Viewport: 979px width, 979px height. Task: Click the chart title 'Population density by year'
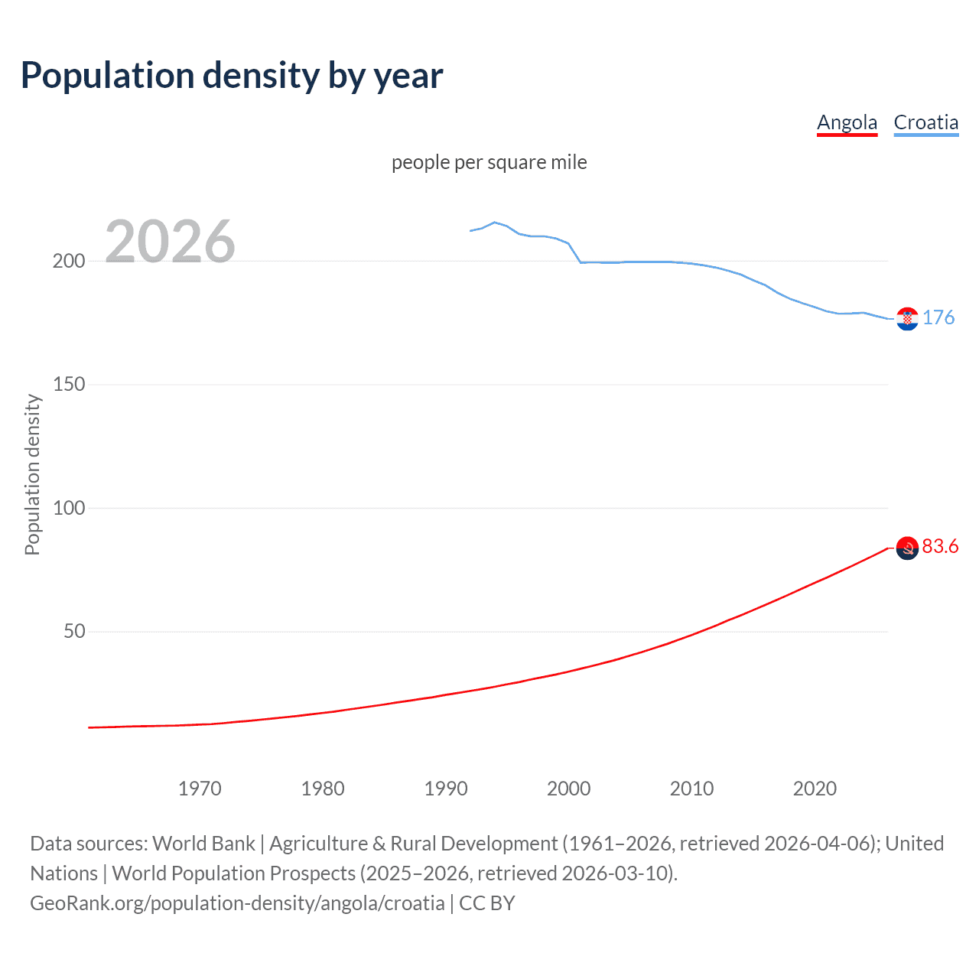point(232,76)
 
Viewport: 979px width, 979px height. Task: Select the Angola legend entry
point(847,122)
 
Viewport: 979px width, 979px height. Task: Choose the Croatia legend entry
point(925,122)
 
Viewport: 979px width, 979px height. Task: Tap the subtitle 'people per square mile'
point(489,162)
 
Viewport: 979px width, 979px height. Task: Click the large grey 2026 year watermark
point(170,242)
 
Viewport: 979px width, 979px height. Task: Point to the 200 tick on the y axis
point(69,261)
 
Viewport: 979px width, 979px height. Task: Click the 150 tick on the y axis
point(69,385)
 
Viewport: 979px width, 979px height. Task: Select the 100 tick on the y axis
point(69,508)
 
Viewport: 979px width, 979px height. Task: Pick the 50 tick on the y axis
point(74,632)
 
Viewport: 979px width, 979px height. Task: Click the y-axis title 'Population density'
point(32,474)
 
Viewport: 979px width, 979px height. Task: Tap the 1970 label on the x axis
point(200,789)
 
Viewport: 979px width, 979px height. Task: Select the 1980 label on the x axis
point(323,789)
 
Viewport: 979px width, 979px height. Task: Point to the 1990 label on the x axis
point(446,789)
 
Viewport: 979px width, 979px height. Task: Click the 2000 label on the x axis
point(568,789)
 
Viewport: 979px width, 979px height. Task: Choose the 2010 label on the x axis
point(691,789)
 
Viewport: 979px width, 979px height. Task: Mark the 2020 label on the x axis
point(815,789)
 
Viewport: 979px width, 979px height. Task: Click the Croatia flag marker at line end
point(907,319)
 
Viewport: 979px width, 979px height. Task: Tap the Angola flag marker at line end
point(907,548)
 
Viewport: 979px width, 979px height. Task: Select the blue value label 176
point(938,317)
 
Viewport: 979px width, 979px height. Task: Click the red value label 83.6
point(940,546)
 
